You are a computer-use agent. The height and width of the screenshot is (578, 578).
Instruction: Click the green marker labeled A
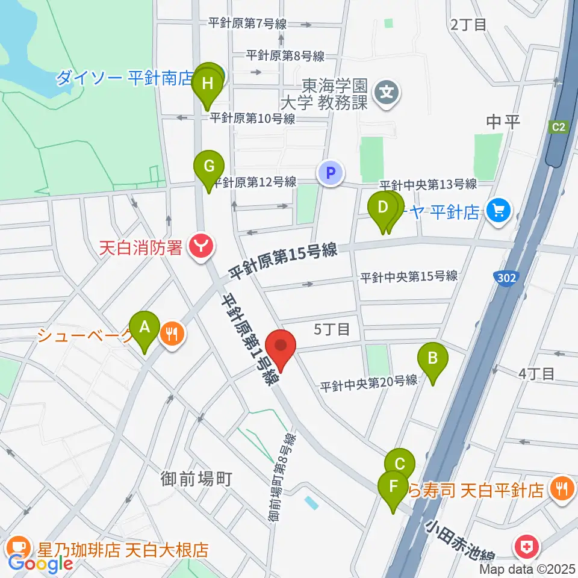click(x=144, y=328)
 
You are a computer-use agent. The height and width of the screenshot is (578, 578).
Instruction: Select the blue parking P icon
click(x=330, y=174)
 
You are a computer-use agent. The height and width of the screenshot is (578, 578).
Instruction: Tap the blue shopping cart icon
click(x=499, y=210)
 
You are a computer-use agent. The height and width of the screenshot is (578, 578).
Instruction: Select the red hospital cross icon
click(x=523, y=547)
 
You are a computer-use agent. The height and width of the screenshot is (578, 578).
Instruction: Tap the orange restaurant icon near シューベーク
click(x=172, y=333)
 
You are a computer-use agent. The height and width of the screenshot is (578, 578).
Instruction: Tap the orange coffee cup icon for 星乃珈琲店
click(x=20, y=548)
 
